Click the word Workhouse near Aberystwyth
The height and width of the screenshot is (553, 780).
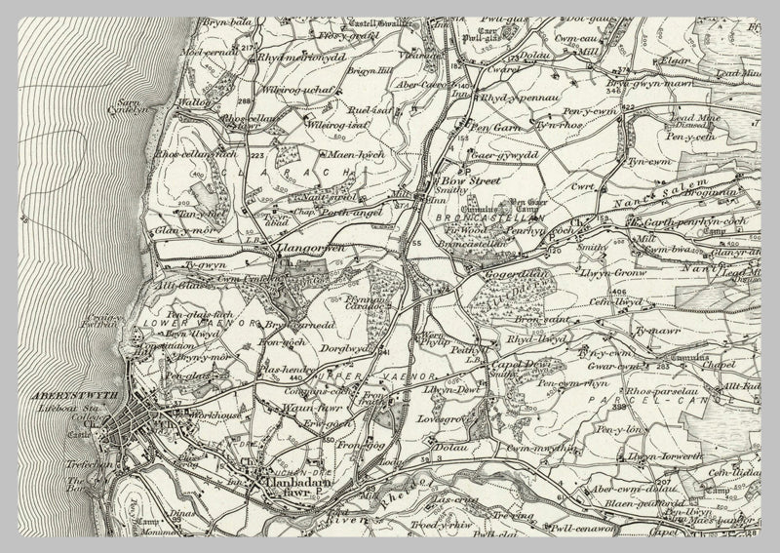pyautogui.click(x=215, y=416)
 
